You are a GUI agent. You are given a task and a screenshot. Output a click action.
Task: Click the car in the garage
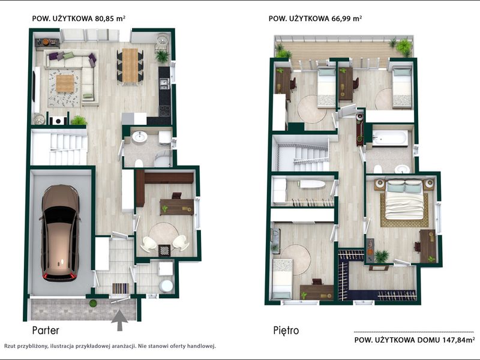click(60, 233)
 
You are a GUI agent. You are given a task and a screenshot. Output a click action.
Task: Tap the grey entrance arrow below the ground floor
click(119, 320)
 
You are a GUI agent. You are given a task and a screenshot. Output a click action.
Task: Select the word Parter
click(46, 331)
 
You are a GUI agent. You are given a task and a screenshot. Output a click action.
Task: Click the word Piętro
click(286, 331)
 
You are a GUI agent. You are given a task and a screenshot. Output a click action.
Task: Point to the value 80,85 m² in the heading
click(110, 19)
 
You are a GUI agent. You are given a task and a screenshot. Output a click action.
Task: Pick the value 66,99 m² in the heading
click(347, 19)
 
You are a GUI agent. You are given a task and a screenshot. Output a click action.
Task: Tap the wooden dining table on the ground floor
click(130, 65)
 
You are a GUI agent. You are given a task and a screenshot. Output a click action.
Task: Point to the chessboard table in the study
click(164, 250)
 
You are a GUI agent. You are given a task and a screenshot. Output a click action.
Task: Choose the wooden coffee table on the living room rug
click(65, 83)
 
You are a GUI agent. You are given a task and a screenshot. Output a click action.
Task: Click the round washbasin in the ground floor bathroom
click(140, 137)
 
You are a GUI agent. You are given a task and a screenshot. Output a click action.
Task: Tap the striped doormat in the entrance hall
click(121, 289)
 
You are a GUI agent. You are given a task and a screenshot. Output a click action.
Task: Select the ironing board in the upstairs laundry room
click(312, 184)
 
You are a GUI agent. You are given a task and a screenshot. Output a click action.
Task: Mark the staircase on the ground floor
click(59, 147)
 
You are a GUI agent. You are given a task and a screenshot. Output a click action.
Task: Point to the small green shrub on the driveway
click(93, 304)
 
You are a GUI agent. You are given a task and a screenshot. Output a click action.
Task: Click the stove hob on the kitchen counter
click(164, 111)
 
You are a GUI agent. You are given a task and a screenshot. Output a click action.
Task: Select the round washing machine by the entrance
click(166, 286)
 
